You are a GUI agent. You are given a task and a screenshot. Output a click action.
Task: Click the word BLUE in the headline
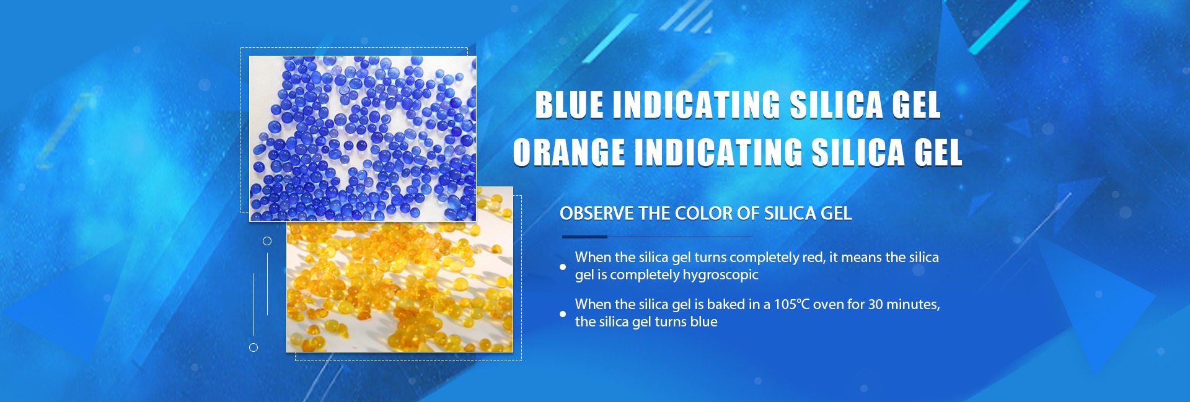point(569,105)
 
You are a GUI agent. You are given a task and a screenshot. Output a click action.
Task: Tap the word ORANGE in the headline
point(569,152)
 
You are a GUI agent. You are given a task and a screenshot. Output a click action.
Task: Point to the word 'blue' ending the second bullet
point(703,322)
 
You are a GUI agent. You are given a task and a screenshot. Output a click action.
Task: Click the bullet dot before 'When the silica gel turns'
point(563,267)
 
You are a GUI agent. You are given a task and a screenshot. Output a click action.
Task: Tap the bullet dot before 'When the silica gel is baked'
point(563,314)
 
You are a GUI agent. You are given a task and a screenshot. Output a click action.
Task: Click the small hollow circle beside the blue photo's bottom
point(267,241)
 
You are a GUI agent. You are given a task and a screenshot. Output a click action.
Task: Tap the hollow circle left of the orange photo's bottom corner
point(253,347)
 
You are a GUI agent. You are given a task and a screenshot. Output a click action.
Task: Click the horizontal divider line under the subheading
point(657,237)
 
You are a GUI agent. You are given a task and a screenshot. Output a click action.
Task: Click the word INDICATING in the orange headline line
point(718,152)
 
